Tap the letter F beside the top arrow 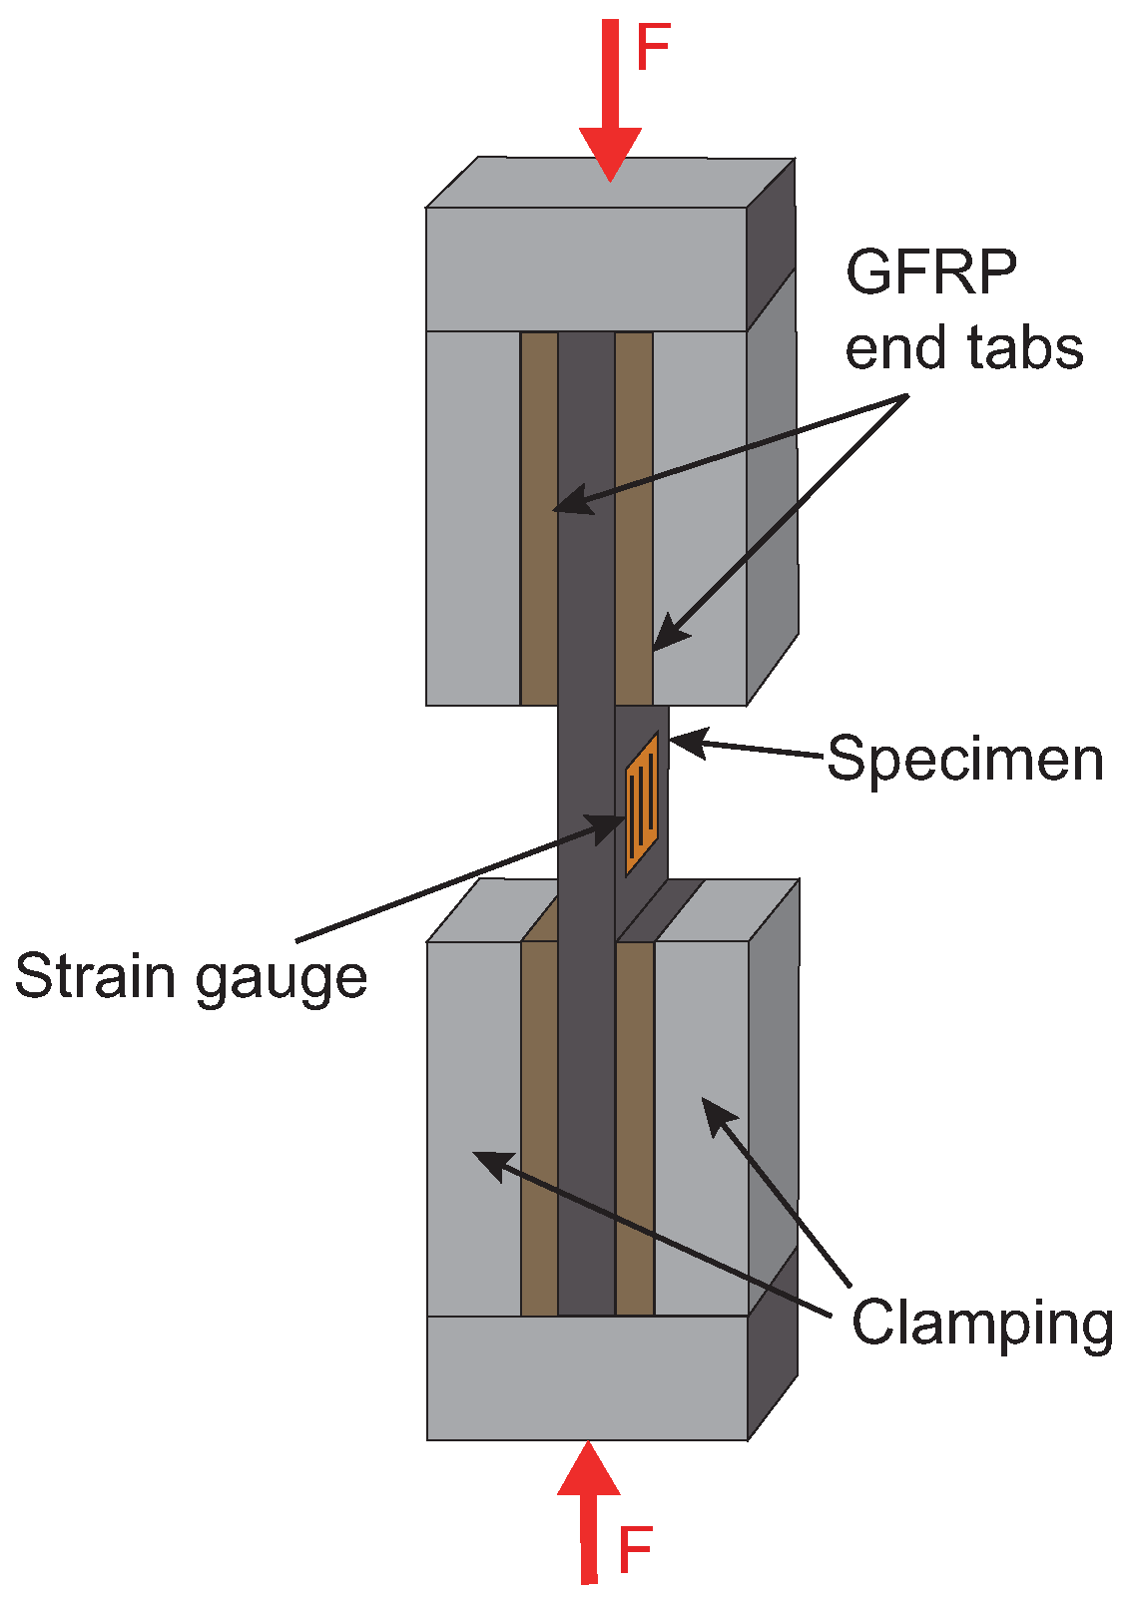point(653,48)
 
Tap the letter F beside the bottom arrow point(634,1550)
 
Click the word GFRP point(930,271)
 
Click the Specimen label point(965,759)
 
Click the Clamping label point(982,1324)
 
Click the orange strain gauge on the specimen point(641,803)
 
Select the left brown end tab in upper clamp point(539,519)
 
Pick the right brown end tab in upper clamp point(634,519)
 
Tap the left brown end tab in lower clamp point(539,1128)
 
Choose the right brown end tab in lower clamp point(635,1128)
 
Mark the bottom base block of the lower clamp point(587,1377)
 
